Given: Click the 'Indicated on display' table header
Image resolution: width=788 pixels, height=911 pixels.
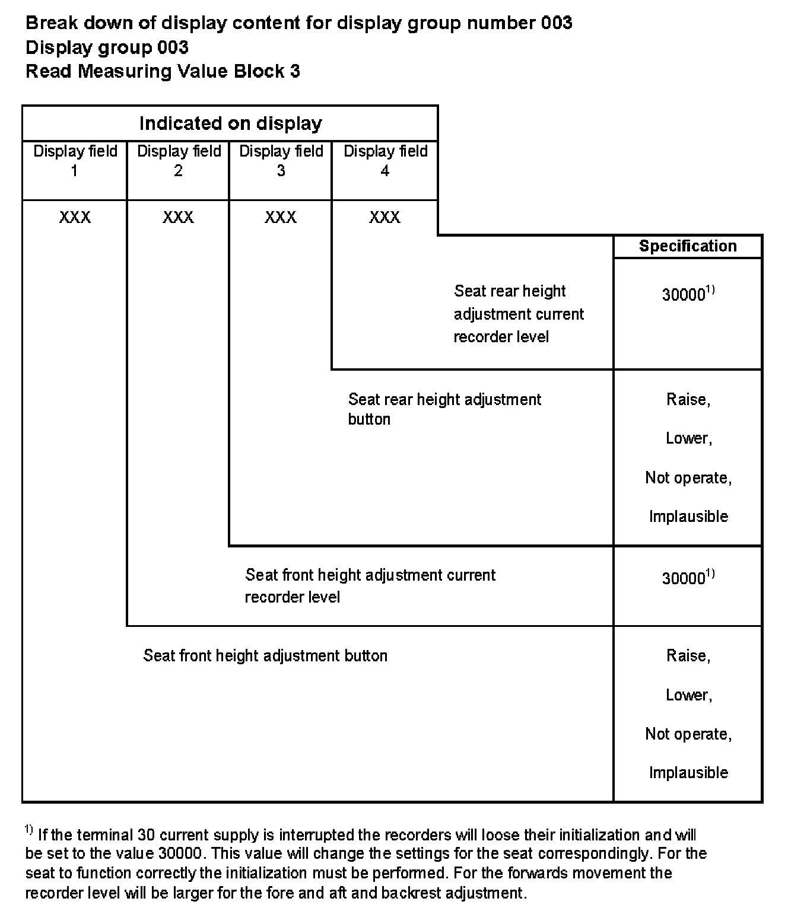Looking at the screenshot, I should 230,123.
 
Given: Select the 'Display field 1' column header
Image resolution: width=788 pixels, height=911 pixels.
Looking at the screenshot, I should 75,161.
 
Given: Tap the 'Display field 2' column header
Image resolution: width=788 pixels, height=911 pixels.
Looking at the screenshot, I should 179,161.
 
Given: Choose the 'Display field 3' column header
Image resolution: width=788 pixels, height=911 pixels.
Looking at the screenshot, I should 281,161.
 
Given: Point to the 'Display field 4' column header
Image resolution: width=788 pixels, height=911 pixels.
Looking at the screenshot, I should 385,161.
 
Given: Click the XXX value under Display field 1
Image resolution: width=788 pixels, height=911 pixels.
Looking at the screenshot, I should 75,217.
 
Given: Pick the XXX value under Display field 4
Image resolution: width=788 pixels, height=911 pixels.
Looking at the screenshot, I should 385,217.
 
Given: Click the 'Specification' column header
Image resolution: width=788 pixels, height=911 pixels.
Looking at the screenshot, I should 688,246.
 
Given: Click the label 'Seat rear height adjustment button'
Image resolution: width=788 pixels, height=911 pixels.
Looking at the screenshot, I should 444,409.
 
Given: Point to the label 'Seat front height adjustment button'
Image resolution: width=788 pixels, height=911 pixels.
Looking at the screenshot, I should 265,655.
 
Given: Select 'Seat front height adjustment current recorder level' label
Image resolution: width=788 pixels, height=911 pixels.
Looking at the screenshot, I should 370,585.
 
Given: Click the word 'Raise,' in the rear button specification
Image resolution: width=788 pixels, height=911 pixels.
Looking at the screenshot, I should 688,400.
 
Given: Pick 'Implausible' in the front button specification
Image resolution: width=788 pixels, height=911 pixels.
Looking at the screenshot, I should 688,772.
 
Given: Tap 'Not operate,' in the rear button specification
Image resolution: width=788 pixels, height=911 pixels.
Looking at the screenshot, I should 688,478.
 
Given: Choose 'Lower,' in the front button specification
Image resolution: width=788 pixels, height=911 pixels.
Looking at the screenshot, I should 688,695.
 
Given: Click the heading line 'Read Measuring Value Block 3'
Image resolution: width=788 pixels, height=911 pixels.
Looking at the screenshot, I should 163,71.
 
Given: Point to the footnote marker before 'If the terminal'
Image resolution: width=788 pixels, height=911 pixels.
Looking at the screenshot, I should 29,830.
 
